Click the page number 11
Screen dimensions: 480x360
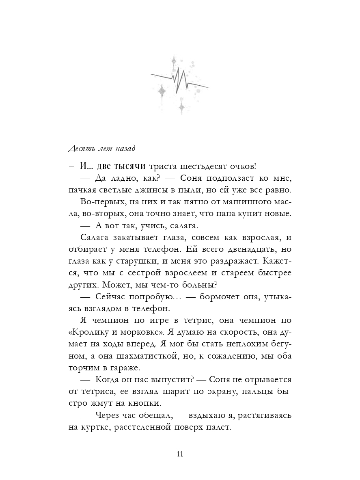tap(180, 454)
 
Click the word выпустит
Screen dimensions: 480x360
tap(172, 380)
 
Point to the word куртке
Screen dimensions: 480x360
tap(95, 428)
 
